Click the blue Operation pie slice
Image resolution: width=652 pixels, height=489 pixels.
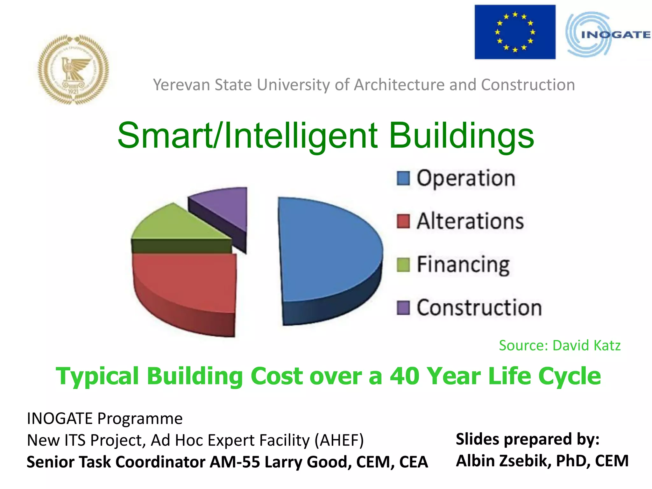tap(328, 252)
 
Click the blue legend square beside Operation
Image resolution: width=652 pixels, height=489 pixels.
tap(403, 178)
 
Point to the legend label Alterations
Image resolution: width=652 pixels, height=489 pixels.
tap(470, 221)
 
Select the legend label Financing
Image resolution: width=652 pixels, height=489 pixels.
tap(463, 265)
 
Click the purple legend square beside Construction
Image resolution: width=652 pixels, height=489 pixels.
tap(403, 308)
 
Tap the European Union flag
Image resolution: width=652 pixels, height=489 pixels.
tap(515, 32)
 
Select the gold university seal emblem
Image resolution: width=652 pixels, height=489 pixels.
tap(73, 69)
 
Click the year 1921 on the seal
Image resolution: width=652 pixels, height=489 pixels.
tap(73, 92)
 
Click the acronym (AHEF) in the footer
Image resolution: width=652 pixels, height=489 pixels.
tap(339, 440)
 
